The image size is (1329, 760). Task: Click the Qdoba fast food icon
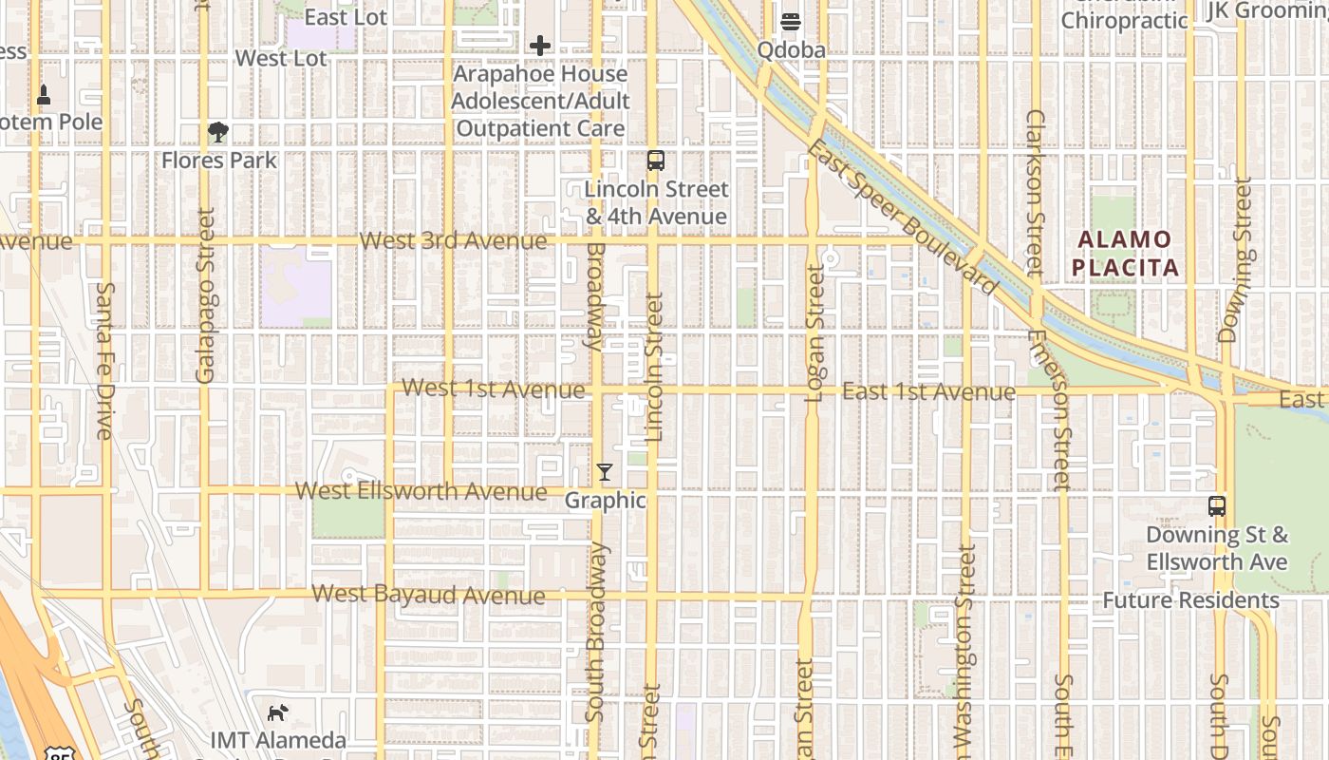point(791,21)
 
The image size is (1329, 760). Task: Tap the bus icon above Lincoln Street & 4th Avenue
point(655,160)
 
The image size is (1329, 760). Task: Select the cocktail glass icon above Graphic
point(605,471)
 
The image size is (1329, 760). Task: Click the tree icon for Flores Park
point(218,132)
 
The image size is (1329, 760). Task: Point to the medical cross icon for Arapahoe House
point(540,45)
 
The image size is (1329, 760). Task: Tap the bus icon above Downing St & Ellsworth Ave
point(1217,505)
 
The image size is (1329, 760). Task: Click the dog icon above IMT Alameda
point(277,712)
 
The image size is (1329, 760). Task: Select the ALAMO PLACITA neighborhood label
point(1126,253)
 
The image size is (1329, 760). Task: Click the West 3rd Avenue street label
point(454,240)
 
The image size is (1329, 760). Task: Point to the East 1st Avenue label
point(928,391)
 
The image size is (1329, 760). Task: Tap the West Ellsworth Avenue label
point(421,491)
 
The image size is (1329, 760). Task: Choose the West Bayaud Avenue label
point(429,595)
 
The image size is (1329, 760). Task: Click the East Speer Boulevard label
point(901,217)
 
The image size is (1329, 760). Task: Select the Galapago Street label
point(205,296)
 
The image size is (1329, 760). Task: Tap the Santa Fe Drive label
point(104,360)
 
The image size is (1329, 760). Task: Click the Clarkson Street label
point(1035,193)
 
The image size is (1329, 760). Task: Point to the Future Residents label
point(1190,600)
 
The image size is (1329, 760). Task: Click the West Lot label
point(281,58)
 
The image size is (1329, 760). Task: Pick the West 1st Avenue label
point(494,389)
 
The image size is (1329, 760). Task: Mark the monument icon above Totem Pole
point(44,95)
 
